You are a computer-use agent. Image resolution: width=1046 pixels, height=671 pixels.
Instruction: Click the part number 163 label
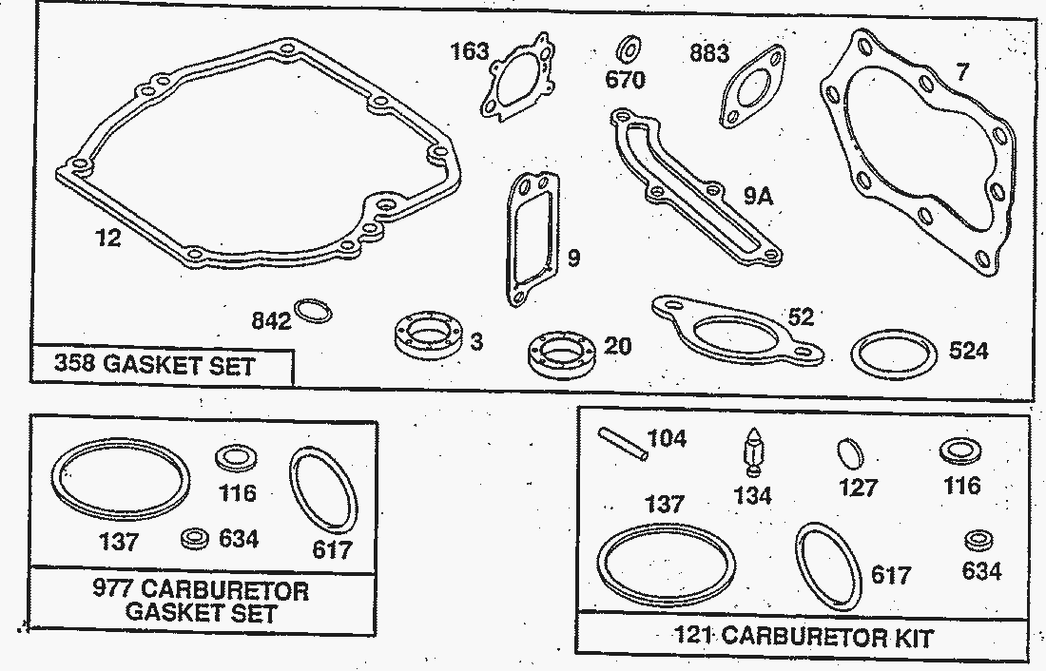tap(470, 50)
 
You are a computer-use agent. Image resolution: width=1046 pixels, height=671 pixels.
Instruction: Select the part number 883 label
tap(709, 52)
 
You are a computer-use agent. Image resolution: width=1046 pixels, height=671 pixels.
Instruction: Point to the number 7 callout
tap(961, 71)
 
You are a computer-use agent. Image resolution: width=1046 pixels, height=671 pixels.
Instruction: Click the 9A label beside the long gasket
tap(759, 196)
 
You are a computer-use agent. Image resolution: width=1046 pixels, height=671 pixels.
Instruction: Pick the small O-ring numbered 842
tap(314, 311)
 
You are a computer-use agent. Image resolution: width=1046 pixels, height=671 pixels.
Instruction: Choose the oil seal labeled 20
tap(561, 355)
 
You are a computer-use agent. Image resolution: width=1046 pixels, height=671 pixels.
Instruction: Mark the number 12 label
tap(108, 237)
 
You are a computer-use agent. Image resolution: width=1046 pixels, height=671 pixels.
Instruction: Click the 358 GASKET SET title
tap(155, 365)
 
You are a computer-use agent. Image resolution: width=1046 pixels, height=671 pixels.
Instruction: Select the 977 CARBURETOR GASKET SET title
tap(201, 601)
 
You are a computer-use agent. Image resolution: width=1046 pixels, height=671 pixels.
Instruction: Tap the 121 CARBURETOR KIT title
tap(804, 637)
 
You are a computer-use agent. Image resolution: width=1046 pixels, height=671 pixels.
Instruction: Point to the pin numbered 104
tap(623, 443)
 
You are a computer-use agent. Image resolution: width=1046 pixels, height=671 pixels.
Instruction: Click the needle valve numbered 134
tap(753, 451)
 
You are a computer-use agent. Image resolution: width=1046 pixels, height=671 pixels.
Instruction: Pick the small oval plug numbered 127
tap(850, 455)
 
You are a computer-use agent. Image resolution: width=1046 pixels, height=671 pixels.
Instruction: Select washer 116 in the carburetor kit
tap(961, 452)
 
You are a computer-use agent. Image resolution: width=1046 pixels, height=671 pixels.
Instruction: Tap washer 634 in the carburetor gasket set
tap(195, 538)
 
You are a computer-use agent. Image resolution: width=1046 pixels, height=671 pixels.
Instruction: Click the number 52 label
tap(801, 316)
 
